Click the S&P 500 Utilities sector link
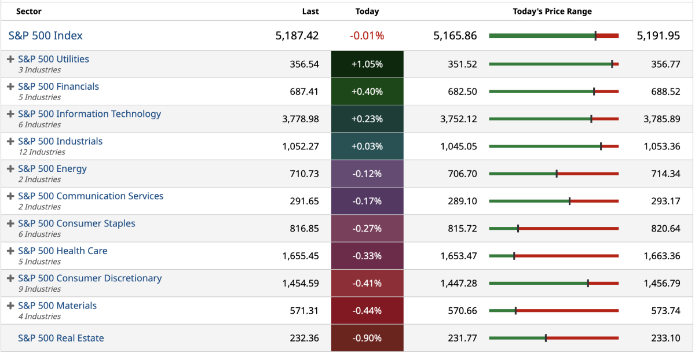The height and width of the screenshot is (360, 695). click(x=53, y=59)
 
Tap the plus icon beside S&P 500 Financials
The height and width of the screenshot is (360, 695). click(x=10, y=87)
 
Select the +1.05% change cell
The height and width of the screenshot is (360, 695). click(x=367, y=64)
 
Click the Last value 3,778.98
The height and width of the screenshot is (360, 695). click(x=301, y=119)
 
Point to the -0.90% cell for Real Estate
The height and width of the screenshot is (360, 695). click(x=367, y=338)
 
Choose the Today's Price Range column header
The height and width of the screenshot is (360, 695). click(x=552, y=12)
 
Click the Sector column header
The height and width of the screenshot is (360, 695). click(x=29, y=12)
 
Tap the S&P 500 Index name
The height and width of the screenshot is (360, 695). click(x=46, y=36)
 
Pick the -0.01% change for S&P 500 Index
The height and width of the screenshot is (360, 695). click(x=367, y=36)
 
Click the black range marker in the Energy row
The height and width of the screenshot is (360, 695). click(x=557, y=174)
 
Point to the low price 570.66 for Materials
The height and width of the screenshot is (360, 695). click(x=463, y=311)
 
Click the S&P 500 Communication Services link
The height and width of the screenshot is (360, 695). click(x=91, y=196)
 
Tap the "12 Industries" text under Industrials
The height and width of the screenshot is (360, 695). click(x=42, y=152)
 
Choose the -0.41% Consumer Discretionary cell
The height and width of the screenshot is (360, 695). click(x=367, y=284)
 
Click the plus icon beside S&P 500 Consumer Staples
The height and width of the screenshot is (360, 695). click(x=10, y=224)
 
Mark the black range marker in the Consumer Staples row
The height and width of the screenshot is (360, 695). click(x=518, y=229)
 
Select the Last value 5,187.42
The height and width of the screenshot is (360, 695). click(x=297, y=36)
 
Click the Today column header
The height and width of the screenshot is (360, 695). click(x=367, y=12)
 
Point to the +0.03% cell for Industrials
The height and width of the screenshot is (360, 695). click(x=367, y=146)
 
